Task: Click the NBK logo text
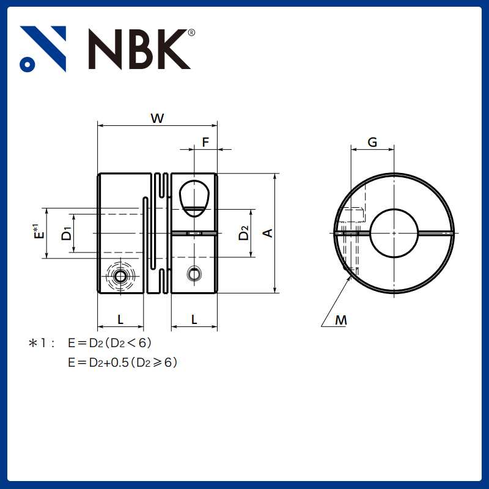[x=139, y=49]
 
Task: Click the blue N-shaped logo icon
[x=43, y=49]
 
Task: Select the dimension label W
[x=157, y=119]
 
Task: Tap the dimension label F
[x=205, y=142]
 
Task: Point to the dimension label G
[x=372, y=142]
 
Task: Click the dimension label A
[x=267, y=233]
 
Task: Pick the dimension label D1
[x=67, y=233]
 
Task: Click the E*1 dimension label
[x=38, y=232]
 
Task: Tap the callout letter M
[x=340, y=319]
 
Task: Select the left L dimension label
[x=120, y=318]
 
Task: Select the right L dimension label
[x=194, y=318]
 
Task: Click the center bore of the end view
[x=394, y=233]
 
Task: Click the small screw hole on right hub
[x=194, y=275]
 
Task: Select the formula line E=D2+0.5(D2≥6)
[x=123, y=362]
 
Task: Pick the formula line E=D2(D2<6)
[x=110, y=344]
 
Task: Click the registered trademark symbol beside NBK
[x=191, y=33]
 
